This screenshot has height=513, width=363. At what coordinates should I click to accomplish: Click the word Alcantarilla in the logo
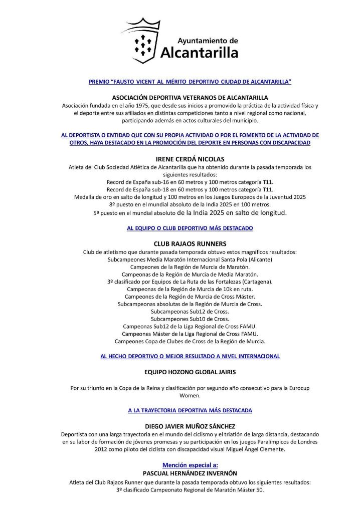point(199,52)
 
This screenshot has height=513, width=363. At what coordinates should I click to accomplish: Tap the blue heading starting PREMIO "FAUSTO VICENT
point(190,81)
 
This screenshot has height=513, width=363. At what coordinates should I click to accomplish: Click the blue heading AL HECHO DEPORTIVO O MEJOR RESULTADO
point(190,356)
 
